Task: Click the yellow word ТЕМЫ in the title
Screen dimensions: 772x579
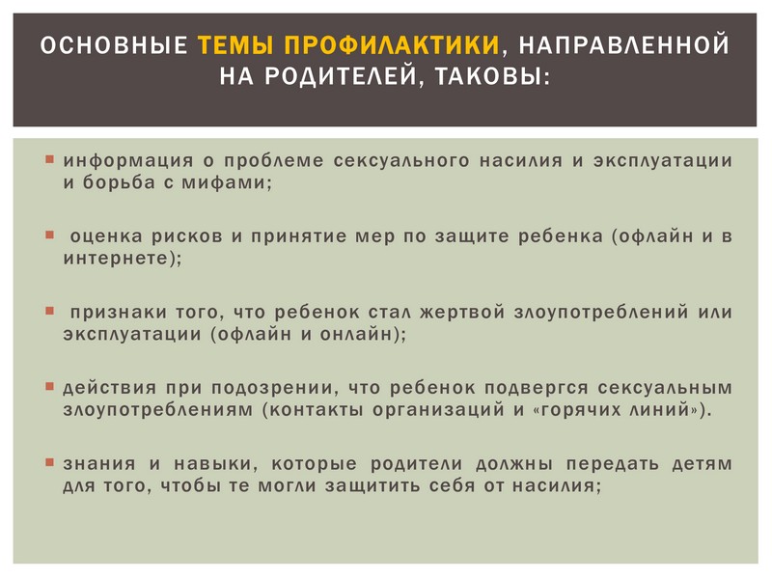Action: click(x=236, y=44)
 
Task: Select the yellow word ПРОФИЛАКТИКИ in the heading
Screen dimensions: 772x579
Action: click(x=392, y=44)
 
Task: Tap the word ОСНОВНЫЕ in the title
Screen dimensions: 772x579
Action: click(x=114, y=44)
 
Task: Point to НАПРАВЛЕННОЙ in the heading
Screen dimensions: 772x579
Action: click(x=623, y=44)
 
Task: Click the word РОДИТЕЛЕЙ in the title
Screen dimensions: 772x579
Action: click(x=341, y=76)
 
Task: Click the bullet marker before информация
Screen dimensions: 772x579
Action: click(x=50, y=159)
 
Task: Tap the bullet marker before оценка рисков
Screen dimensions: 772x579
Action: click(x=50, y=234)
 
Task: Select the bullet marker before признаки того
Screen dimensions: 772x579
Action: click(x=50, y=311)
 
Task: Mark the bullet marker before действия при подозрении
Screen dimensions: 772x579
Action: click(x=50, y=387)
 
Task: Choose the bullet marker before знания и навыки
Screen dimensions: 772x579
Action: click(x=50, y=462)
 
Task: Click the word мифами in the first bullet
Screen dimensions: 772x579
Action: click(x=224, y=183)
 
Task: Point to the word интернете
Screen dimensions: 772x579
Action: click(x=116, y=258)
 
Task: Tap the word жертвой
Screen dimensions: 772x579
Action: click(x=462, y=312)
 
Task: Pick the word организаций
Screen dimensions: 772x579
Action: click(x=438, y=411)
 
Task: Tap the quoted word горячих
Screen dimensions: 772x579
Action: click(x=581, y=411)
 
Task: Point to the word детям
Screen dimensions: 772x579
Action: click(x=703, y=464)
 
